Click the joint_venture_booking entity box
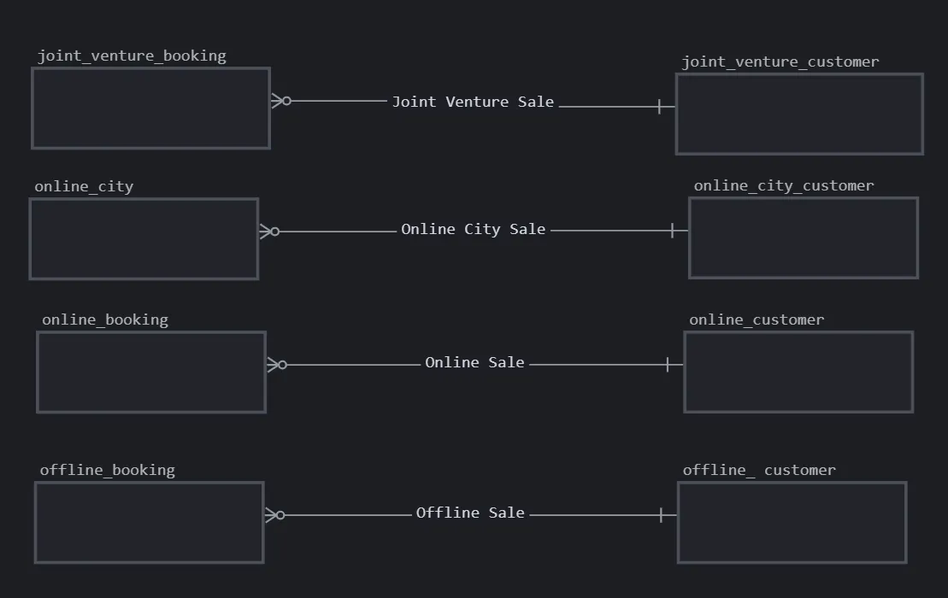coord(150,108)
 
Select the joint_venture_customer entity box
coord(799,114)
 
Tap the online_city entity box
coord(144,239)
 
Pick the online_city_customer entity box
coord(804,238)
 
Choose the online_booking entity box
coord(151,372)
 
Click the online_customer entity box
coord(798,372)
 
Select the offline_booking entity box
coord(149,523)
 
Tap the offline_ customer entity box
coord(792,523)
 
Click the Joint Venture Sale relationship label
coord(473,102)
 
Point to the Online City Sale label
coord(473,229)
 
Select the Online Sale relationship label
coord(474,362)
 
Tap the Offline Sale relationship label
coord(470,513)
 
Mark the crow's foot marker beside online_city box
coord(269,232)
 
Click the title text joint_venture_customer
coord(780,62)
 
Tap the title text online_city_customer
coord(784,185)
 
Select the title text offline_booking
coord(107,470)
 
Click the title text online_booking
coord(105,320)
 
